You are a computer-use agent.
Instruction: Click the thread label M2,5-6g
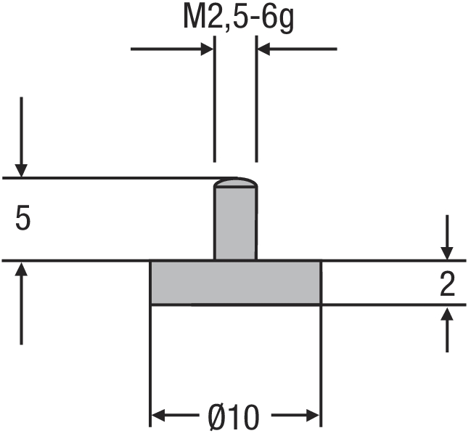coord(235,18)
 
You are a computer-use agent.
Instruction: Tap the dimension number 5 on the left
coord(22,219)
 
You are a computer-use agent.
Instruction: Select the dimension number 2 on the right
coord(448,284)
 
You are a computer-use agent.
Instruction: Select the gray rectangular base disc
coord(235,282)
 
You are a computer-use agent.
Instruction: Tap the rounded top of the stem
coord(235,182)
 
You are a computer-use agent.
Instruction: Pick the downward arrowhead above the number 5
coord(22,170)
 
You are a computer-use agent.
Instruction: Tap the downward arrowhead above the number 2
coord(448,252)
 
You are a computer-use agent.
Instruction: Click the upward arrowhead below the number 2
coord(448,313)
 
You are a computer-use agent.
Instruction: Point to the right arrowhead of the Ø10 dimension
coord(313,416)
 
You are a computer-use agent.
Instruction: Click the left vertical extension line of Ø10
coord(150,363)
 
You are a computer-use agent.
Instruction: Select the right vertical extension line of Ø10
coord(320,363)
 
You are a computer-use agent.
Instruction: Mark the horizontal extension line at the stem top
coord(109,178)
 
